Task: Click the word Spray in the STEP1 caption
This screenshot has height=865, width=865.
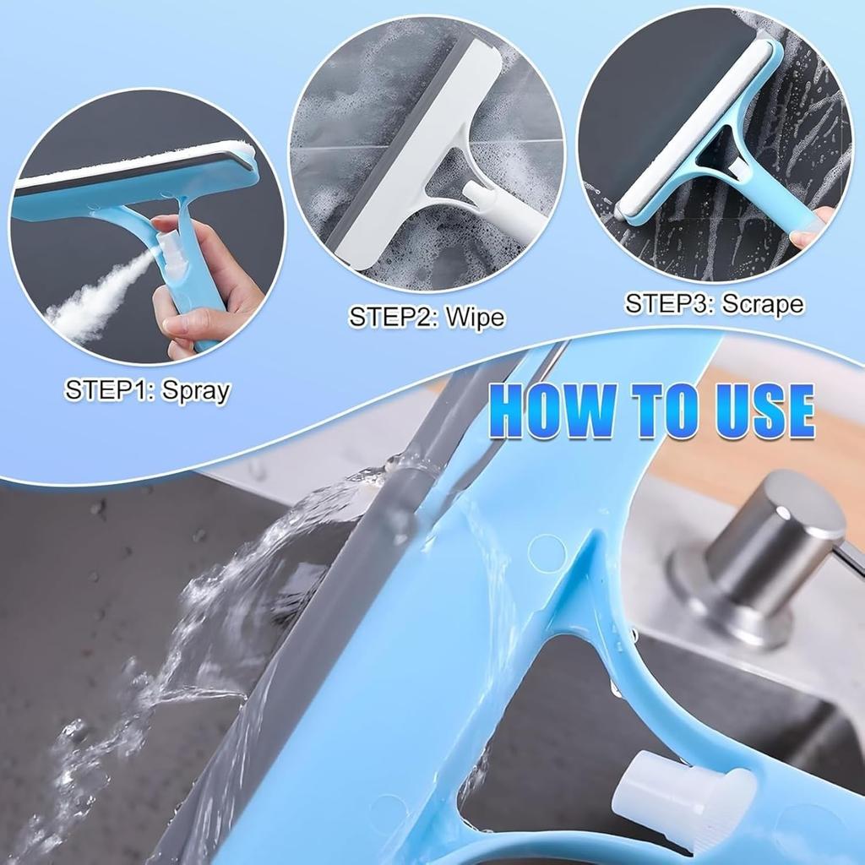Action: [196, 390]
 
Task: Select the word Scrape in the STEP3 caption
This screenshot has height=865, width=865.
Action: [762, 303]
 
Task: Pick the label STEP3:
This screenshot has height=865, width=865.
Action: [669, 303]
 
